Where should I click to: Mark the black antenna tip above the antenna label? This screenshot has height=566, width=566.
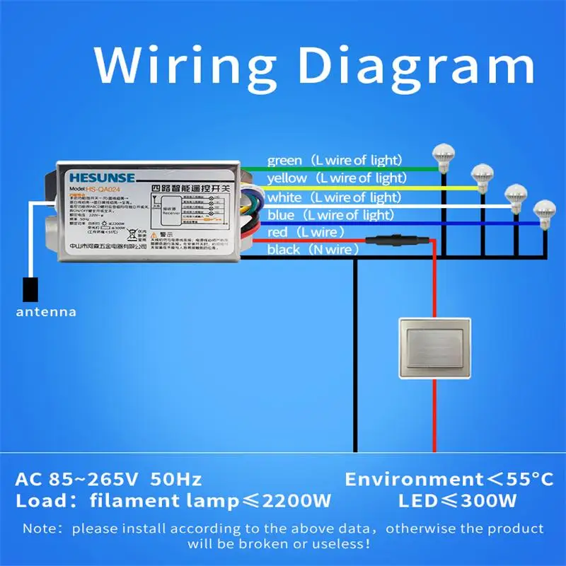point(30,289)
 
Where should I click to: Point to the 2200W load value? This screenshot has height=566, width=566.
point(298,502)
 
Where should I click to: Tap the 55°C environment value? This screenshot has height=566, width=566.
point(523,480)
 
